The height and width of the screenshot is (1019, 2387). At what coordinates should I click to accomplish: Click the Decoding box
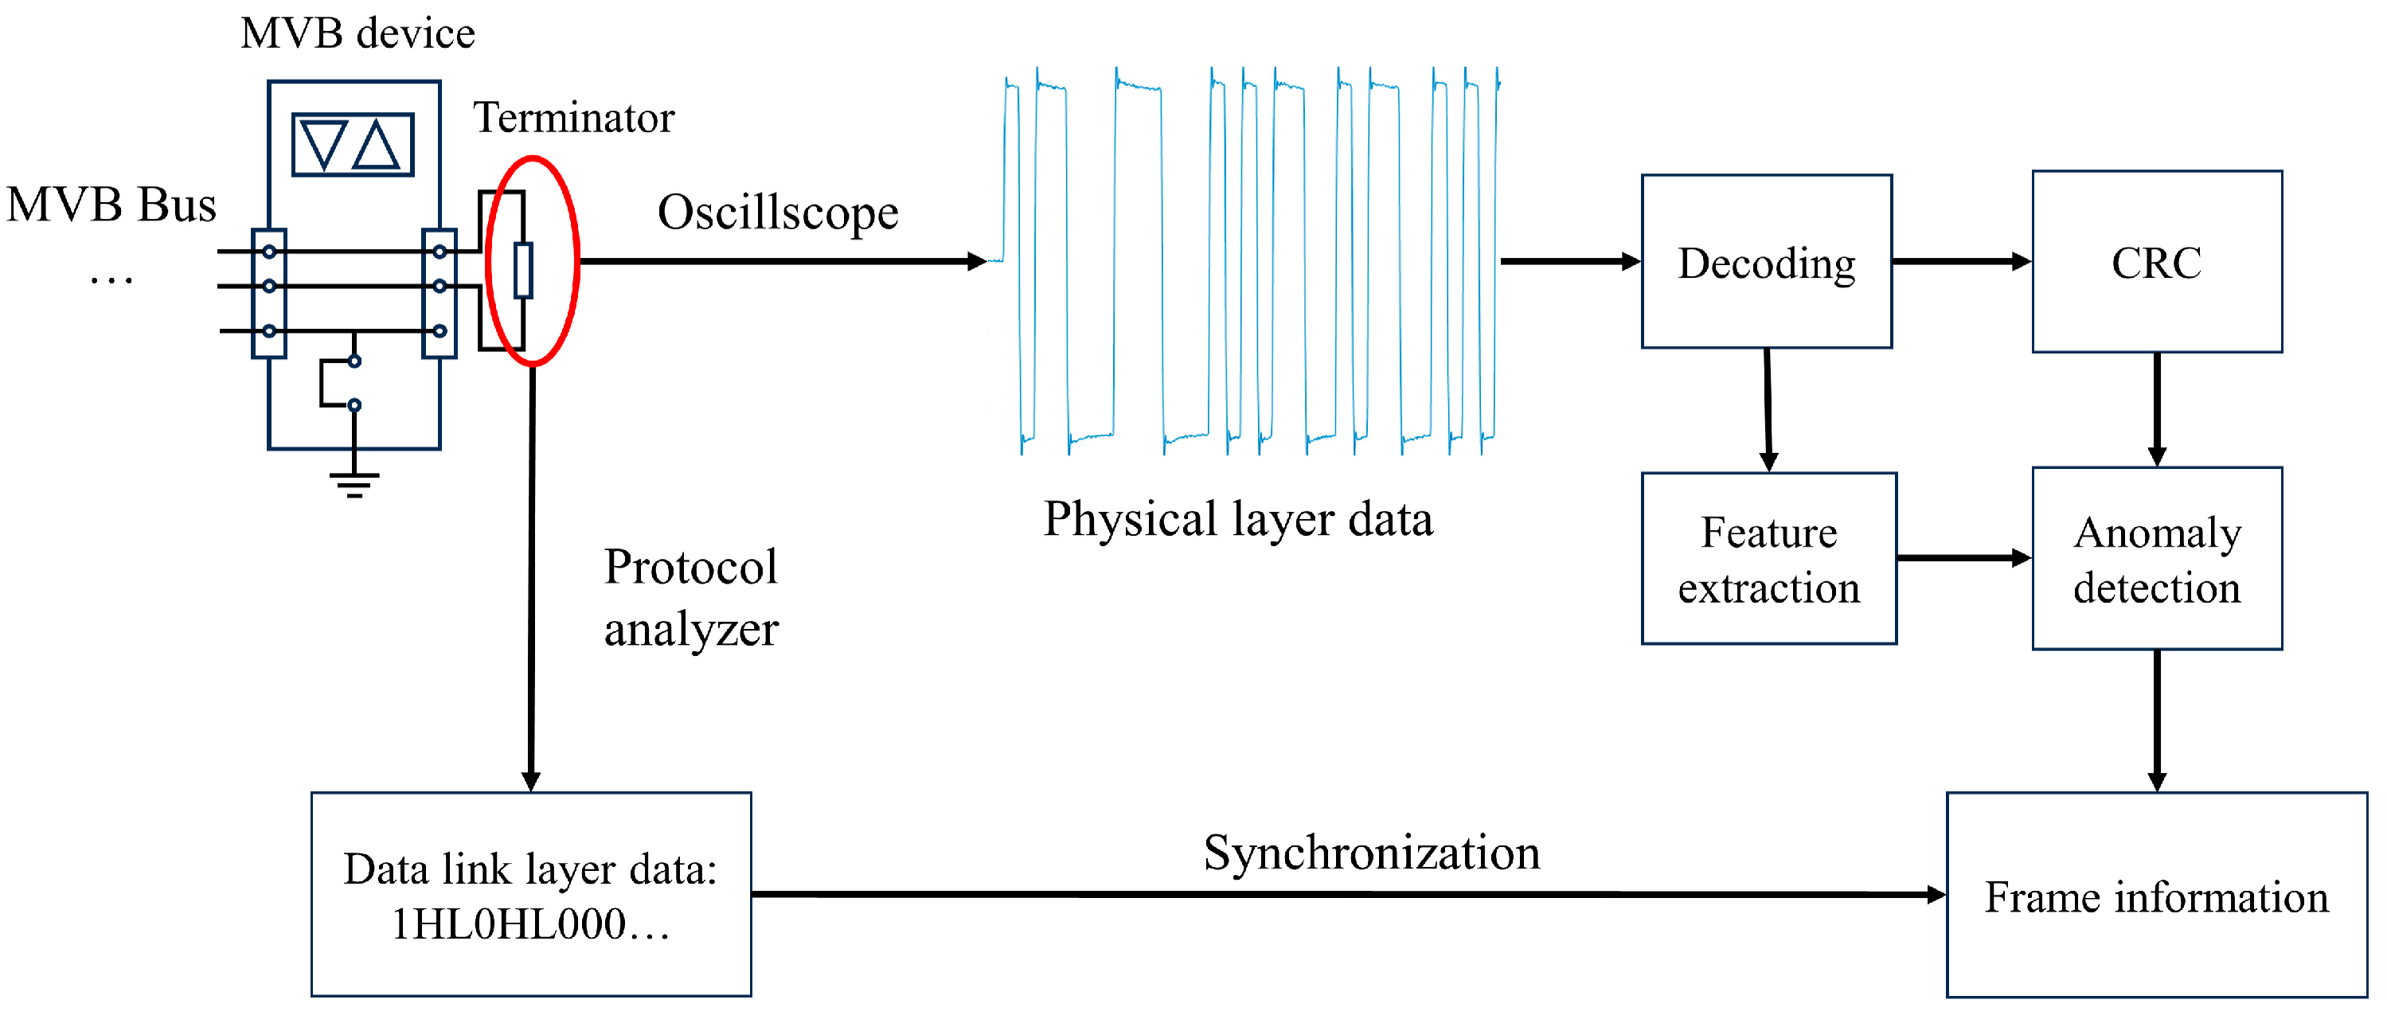[1765, 261]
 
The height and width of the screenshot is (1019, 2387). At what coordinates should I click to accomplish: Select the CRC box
[2155, 261]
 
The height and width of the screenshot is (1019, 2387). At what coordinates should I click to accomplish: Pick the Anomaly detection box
[2155, 559]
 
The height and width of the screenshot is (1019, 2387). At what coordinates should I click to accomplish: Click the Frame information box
[2155, 895]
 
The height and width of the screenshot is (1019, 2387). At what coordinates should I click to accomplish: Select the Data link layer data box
[530, 895]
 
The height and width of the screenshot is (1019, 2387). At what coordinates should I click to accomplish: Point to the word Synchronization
[1370, 853]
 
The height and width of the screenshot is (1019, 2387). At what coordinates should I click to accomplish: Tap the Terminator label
[573, 118]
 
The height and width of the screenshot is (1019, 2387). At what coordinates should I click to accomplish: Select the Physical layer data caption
[1237, 519]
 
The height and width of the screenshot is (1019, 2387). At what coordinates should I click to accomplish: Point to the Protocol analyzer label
[690, 598]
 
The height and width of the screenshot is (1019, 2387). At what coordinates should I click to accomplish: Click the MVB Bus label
[111, 205]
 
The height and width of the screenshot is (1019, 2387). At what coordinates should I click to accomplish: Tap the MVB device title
[357, 34]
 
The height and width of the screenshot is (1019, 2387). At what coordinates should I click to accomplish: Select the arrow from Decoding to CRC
[1959, 261]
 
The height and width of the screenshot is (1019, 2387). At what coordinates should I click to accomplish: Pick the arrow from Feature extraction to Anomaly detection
[1963, 558]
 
